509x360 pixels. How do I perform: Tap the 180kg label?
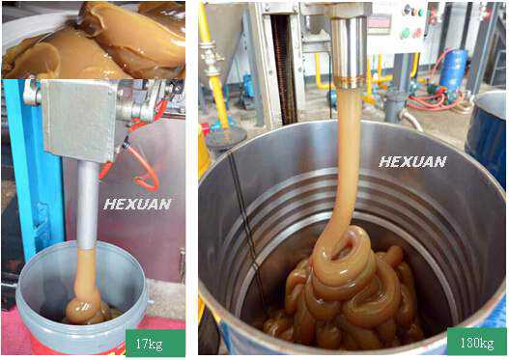(x=477, y=342)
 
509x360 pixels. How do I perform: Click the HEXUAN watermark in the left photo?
(x=137, y=205)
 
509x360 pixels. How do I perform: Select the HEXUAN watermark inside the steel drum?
(x=412, y=161)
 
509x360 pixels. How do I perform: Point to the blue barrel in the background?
(x=454, y=69)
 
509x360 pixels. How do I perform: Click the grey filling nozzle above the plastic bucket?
(x=88, y=206)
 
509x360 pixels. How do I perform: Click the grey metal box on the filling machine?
(x=79, y=121)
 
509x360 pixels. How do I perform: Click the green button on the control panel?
(x=406, y=33)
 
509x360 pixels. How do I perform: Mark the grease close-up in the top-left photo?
(x=94, y=40)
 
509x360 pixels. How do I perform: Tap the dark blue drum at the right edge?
(x=486, y=136)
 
